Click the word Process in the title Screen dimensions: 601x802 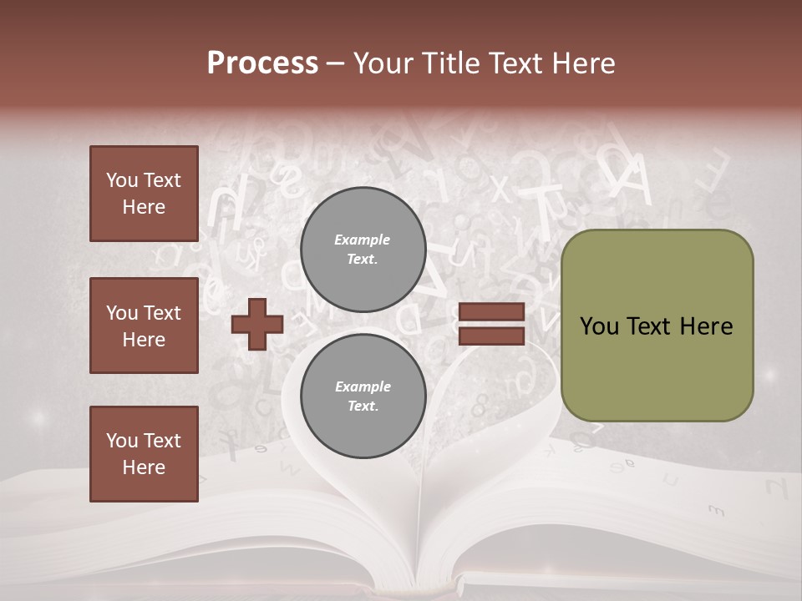(262, 63)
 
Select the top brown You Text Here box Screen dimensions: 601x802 (144, 194)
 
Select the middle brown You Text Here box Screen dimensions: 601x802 (144, 326)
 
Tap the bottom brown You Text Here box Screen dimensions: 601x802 (144, 454)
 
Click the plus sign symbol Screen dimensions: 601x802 (257, 324)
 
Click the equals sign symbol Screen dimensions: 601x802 (491, 324)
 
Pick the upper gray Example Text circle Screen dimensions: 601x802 (363, 249)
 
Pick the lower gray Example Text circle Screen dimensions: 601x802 (363, 396)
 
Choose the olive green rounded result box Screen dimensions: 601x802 (657, 326)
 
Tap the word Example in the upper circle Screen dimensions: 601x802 (363, 240)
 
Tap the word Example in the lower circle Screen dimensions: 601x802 (363, 386)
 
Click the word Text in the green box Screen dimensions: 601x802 (650, 326)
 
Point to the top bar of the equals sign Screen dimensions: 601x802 (491, 312)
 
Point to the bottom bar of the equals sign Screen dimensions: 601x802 (491, 336)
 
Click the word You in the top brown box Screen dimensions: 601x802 (121, 180)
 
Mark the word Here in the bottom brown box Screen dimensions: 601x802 (144, 467)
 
